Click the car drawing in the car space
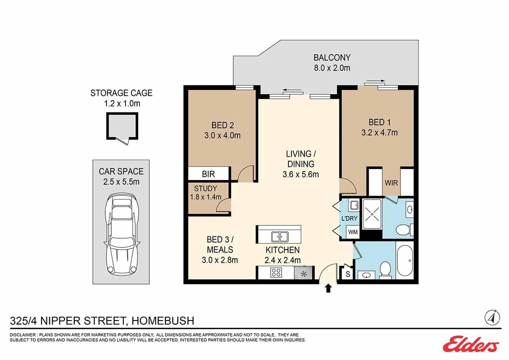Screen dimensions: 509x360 click(x=122, y=234)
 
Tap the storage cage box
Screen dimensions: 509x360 click(x=122, y=126)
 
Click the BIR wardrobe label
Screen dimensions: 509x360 click(x=208, y=174)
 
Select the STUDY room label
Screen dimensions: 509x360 click(x=205, y=188)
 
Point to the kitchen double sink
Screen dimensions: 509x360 click(x=280, y=237)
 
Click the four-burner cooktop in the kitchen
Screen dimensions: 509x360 click(x=276, y=272)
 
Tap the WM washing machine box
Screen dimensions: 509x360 click(x=352, y=232)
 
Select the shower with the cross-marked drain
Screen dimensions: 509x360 click(x=372, y=214)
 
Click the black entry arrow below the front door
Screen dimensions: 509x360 click(x=328, y=289)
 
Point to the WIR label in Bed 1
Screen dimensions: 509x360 click(x=391, y=183)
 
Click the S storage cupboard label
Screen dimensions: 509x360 click(x=348, y=274)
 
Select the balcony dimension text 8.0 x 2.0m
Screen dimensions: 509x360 click(x=332, y=68)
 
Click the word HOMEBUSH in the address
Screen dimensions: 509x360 click(x=163, y=321)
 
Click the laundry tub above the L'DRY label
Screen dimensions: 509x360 click(x=354, y=205)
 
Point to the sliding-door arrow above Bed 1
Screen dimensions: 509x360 click(x=375, y=81)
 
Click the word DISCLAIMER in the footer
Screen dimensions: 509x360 click(x=23, y=335)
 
